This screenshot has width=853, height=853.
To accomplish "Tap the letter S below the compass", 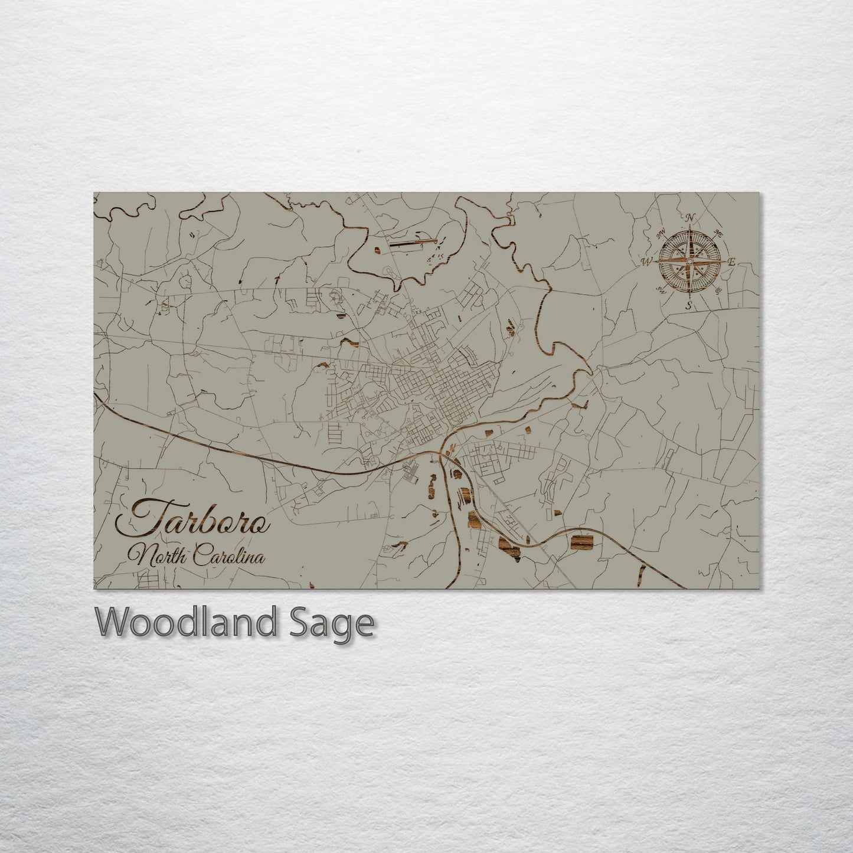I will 688,305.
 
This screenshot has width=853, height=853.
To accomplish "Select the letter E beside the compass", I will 731,262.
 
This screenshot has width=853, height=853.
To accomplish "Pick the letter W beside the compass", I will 647,260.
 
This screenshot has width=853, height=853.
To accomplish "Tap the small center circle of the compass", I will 689,261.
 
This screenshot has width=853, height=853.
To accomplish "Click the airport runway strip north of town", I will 413,241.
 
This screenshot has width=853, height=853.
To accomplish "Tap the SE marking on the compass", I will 718,290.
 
